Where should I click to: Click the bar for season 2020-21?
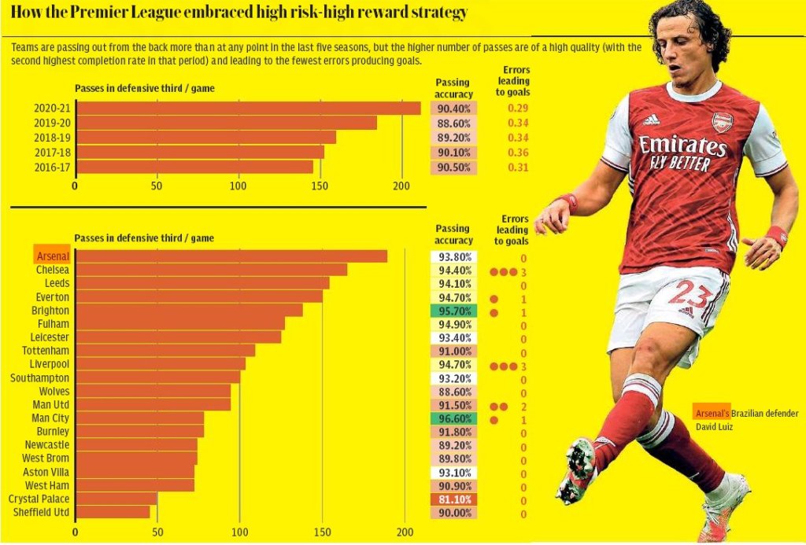point(248,109)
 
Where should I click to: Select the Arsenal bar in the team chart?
point(231,256)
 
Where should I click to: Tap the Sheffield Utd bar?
point(115,512)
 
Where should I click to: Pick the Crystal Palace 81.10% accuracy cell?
point(453,499)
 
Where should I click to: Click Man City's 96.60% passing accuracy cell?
point(453,418)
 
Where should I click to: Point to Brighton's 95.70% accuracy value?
point(453,311)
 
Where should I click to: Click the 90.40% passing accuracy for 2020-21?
point(453,109)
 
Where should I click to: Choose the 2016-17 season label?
point(52,168)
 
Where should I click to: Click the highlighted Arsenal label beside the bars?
point(52,256)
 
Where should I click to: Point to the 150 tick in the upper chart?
point(320,186)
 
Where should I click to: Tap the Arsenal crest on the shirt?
point(722,122)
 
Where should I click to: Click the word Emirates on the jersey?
point(682,145)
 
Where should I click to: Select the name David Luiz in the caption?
point(714,427)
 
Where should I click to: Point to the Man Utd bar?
point(154,404)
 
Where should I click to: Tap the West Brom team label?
point(45,458)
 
